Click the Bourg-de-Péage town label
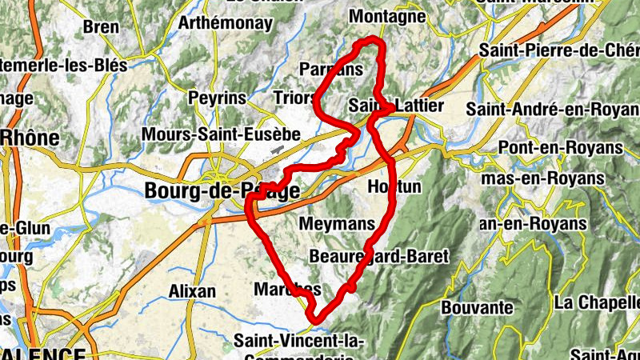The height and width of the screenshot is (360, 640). coord(222,191)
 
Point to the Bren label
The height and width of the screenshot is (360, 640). coord(101,27)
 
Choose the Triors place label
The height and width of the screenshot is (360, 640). coord(294,98)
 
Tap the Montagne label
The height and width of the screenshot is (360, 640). coord(388,17)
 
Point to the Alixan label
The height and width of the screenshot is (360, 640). coord(193,291)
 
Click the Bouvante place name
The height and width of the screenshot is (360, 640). coord(477,307)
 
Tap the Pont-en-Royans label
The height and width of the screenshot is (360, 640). coord(560,148)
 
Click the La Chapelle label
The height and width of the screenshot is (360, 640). coord(596,303)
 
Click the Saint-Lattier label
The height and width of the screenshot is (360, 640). coord(396,106)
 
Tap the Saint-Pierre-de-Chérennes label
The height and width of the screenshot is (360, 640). coord(559,50)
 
